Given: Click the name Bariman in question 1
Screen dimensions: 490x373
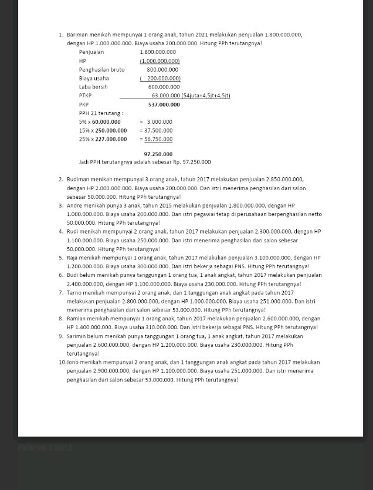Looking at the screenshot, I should [x=76, y=35].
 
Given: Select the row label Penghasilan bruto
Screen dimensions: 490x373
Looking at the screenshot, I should [x=101, y=70].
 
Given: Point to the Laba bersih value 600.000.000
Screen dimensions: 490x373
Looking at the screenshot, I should [x=164, y=87].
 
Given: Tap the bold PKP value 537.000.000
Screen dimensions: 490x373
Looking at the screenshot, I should [x=164, y=104].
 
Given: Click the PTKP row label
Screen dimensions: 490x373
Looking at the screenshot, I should [x=85, y=96].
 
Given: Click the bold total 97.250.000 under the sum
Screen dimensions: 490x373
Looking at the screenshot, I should [x=158, y=154].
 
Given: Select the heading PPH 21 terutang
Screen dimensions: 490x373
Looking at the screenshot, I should [x=101, y=113].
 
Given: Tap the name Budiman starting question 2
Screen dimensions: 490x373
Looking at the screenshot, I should [x=78, y=180].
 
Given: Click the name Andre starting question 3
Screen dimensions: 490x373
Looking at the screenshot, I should [x=74, y=206].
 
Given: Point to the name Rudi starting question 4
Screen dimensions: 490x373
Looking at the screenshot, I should [x=73, y=232].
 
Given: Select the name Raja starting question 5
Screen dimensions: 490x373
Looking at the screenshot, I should [x=73, y=258].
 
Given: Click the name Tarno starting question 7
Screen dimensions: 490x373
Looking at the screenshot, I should [x=74, y=293].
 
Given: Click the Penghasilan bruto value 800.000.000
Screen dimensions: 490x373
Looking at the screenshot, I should [x=162, y=70].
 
